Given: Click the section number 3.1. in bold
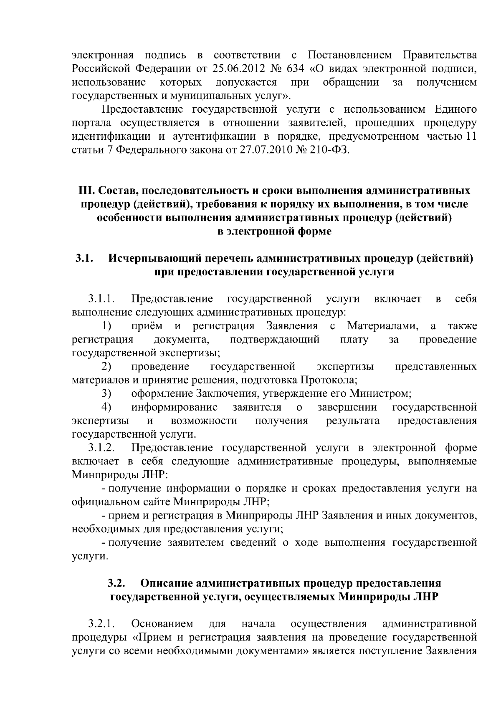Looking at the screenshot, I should pos(83,259).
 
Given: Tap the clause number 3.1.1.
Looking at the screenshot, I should pos(101,299).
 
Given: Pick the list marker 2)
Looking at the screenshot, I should pos(106,367).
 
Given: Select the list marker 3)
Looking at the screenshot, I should pos(106,394).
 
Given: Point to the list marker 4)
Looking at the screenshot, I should pos(106,407).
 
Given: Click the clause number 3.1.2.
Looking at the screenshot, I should pos(101,448).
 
